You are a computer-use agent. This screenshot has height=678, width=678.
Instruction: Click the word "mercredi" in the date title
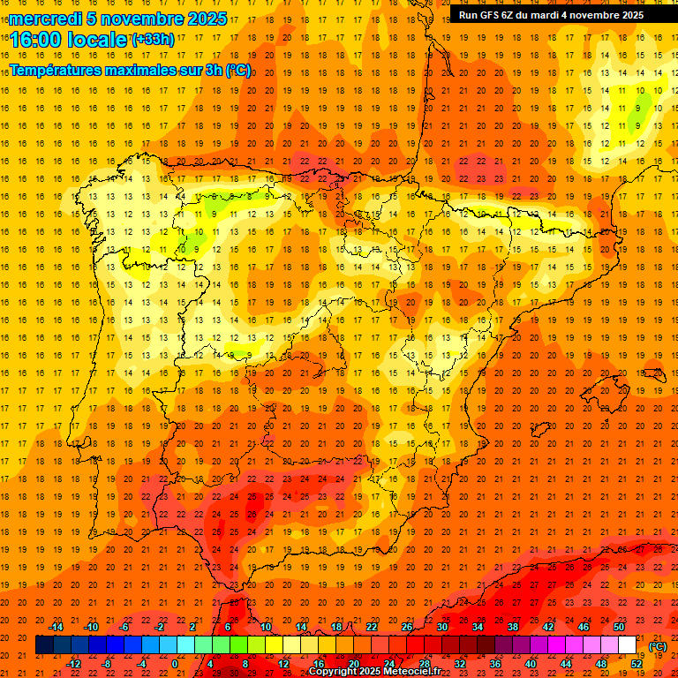coord(45,19)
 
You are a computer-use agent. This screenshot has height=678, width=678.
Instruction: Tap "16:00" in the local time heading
coord(37,39)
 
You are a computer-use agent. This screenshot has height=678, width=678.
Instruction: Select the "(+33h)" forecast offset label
coord(153,39)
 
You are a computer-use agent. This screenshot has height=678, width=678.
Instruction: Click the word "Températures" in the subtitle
coord(61,70)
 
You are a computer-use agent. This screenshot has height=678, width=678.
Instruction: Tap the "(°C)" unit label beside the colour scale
coord(658,646)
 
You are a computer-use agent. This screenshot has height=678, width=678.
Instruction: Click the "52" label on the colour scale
coord(637,664)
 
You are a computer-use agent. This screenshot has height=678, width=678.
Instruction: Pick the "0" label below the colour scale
coord(175,664)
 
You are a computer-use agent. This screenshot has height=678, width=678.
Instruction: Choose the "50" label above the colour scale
coord(619,627)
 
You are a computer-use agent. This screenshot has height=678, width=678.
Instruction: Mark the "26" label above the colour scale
coord(407,627)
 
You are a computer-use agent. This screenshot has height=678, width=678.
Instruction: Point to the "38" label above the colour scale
coord(513,627)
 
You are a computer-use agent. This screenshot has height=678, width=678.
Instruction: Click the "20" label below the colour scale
coord(354,664)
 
